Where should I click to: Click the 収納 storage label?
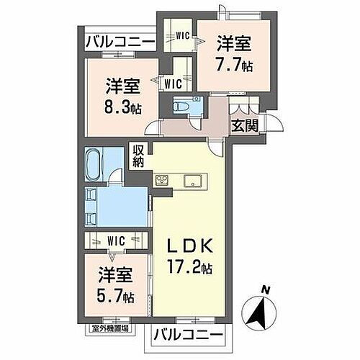coord(138,156)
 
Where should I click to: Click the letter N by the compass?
coord(265,290)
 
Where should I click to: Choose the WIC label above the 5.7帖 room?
coord(114,240)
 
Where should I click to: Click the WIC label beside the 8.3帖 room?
coord(173,84)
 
